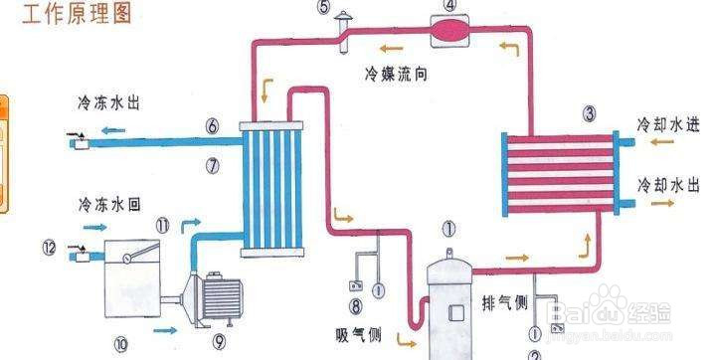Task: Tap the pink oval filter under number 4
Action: tap(451, 30)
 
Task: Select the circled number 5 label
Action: tap(324, 7)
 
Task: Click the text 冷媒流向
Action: tap(396, 75)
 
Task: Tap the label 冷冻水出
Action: tap(110, 102)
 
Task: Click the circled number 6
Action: tap(212, 126)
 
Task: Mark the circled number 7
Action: tap(212, 164)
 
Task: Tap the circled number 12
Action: tap(50, 246)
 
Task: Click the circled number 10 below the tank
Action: tap(121, 344)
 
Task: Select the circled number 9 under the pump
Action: tap(219, 344)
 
